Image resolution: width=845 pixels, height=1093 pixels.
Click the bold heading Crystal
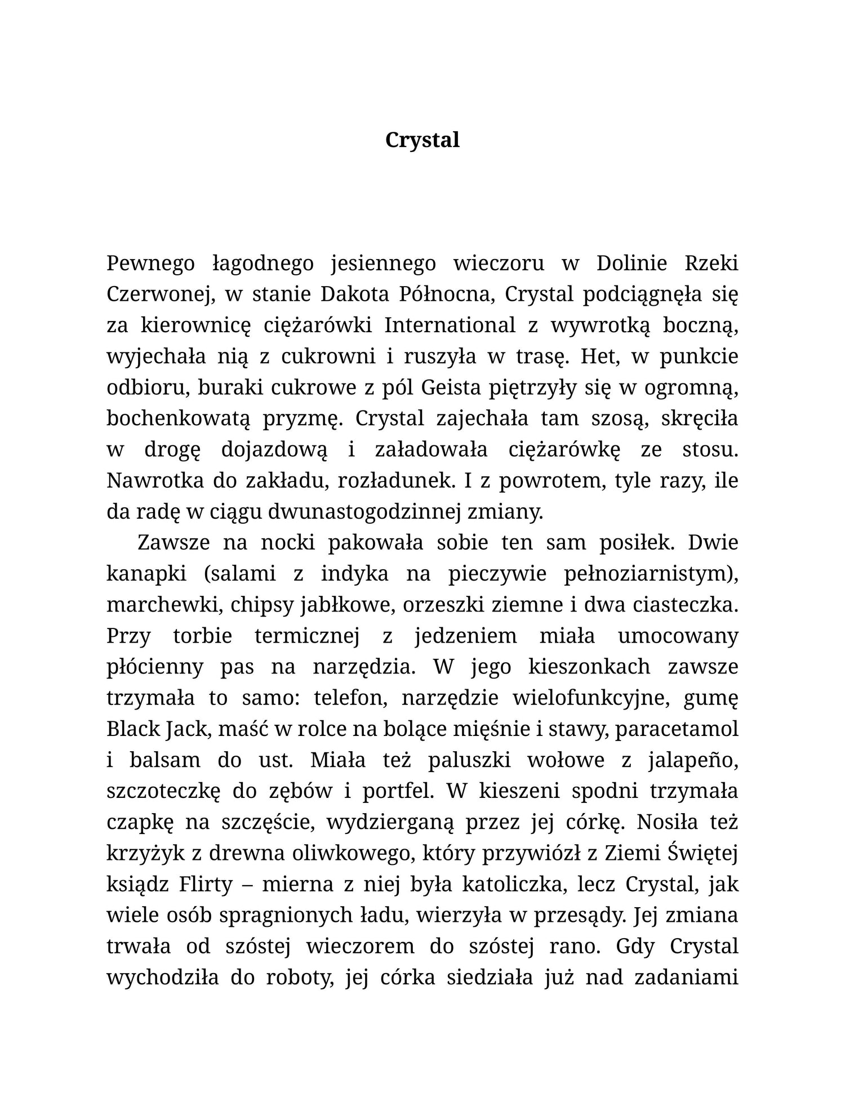[x=422, y=140]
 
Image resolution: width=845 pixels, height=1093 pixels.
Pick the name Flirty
[x=206, y=885]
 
